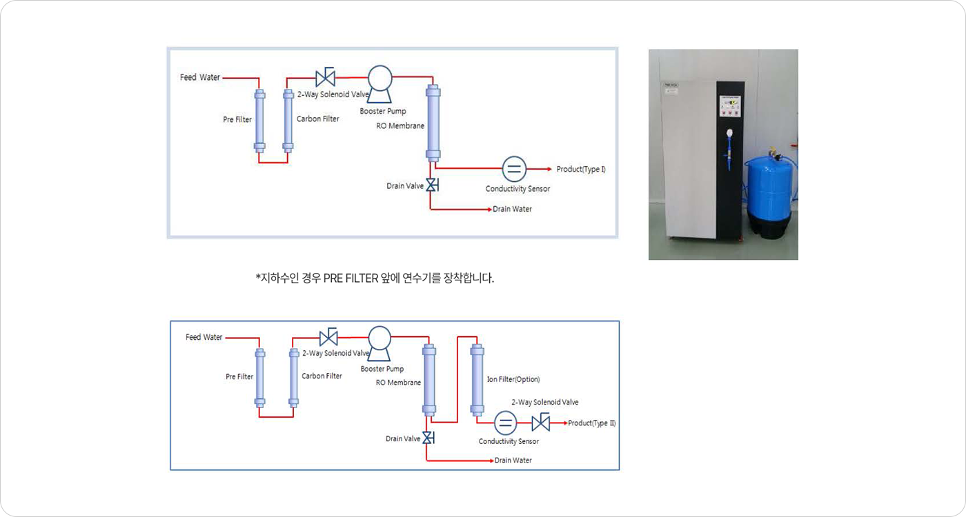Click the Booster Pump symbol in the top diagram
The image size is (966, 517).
(380, 83)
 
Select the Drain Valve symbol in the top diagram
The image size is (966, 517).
(432, 185)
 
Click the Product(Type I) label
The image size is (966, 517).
(581, 169)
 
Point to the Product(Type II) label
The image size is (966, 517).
(592, 423)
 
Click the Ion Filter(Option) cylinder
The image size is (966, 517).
(477, 380)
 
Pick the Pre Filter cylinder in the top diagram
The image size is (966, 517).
(259, 121)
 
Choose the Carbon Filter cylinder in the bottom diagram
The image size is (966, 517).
(294, 378)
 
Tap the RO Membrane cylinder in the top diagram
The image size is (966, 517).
(433, 123)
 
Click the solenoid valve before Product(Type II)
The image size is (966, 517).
(541, 422)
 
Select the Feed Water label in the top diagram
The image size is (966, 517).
(200, 77)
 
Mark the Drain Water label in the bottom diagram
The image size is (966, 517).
(513, 460)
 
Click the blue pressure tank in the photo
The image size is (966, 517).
(769, 194)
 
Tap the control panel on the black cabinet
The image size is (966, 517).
(729, 106)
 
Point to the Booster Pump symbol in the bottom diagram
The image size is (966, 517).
(379, 343)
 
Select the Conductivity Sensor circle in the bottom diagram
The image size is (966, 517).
(505, 423)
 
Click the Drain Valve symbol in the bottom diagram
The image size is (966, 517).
(428, 438)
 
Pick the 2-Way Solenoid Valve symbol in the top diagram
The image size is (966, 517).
(326, 77)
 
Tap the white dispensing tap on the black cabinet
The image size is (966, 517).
(729, 134)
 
